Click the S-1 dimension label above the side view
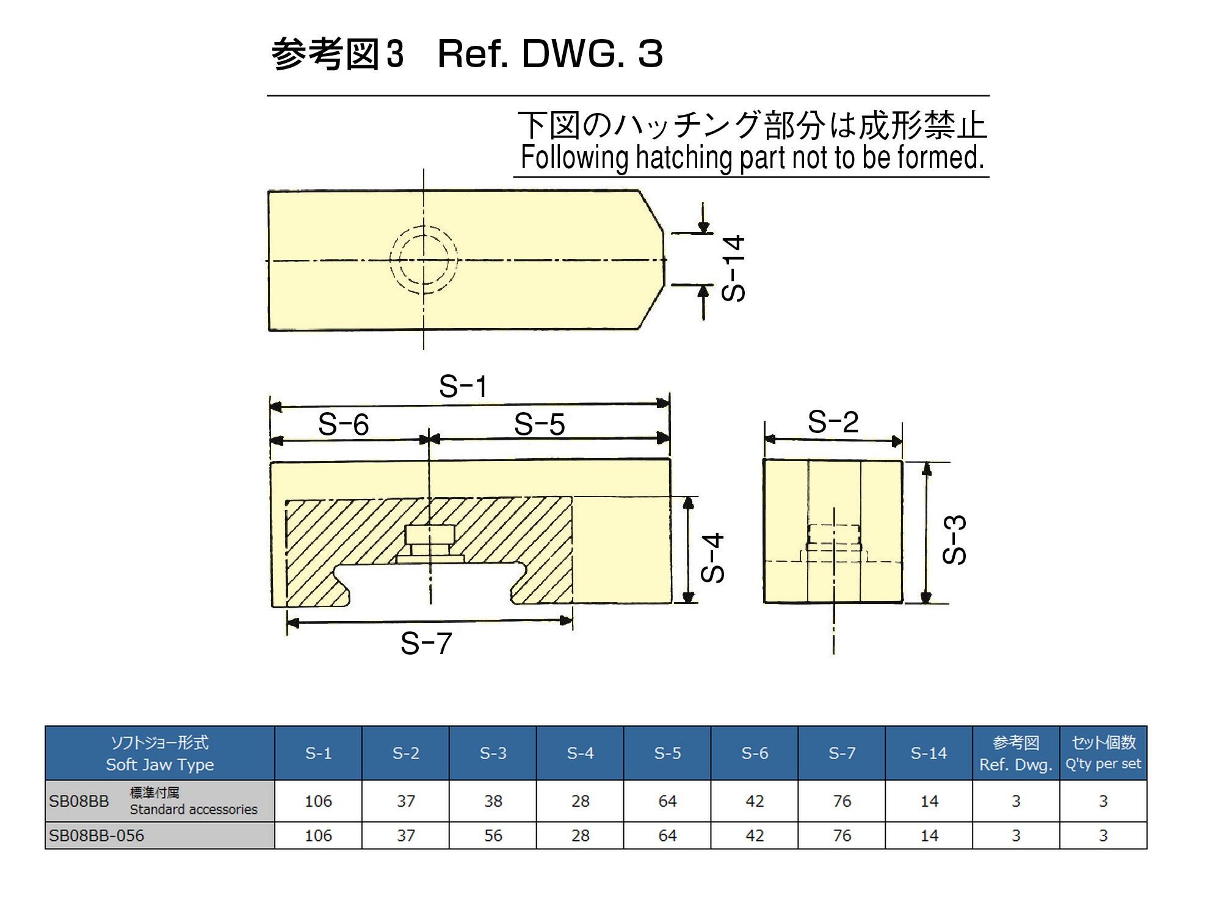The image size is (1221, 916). coord(463,387)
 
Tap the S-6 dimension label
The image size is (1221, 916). coord(343,424)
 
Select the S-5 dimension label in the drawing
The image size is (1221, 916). coord(539,424)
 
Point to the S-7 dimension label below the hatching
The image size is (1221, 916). coord(426,643)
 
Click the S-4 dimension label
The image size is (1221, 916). coord(712,557)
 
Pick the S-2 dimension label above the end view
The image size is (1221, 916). coord(833,421)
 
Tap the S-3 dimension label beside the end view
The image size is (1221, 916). coord(954,540)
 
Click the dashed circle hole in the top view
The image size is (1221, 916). coord(424,260)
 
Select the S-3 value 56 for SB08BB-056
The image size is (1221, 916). coord(493,835)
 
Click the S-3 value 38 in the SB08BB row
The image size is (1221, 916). coord(493,801)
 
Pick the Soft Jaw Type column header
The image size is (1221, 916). coord(160,754)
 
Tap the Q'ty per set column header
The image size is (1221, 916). coord(1103,754)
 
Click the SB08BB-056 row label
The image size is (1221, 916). coord(96,835)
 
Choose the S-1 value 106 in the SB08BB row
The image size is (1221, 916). coord(318,801)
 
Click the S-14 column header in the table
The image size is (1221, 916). coord(929,754)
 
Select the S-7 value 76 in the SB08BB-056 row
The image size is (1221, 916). coord(842,835)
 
